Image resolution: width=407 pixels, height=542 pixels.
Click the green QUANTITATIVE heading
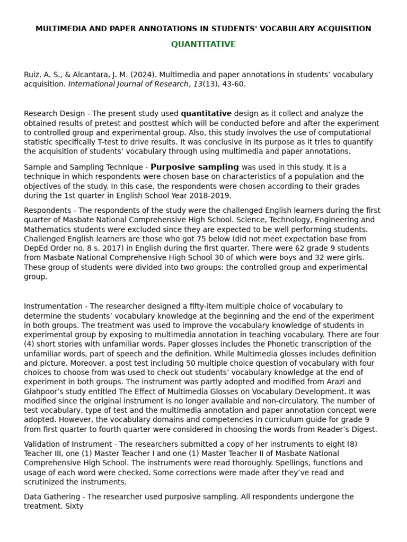click(203, 44)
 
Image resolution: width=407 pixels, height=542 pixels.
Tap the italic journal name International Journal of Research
click(128, 84)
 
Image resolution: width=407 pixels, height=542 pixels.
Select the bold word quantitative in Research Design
click(206, 113)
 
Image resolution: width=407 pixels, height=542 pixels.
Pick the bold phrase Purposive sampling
click(194, 167)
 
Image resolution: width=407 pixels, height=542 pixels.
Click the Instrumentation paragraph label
click(53, 306)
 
